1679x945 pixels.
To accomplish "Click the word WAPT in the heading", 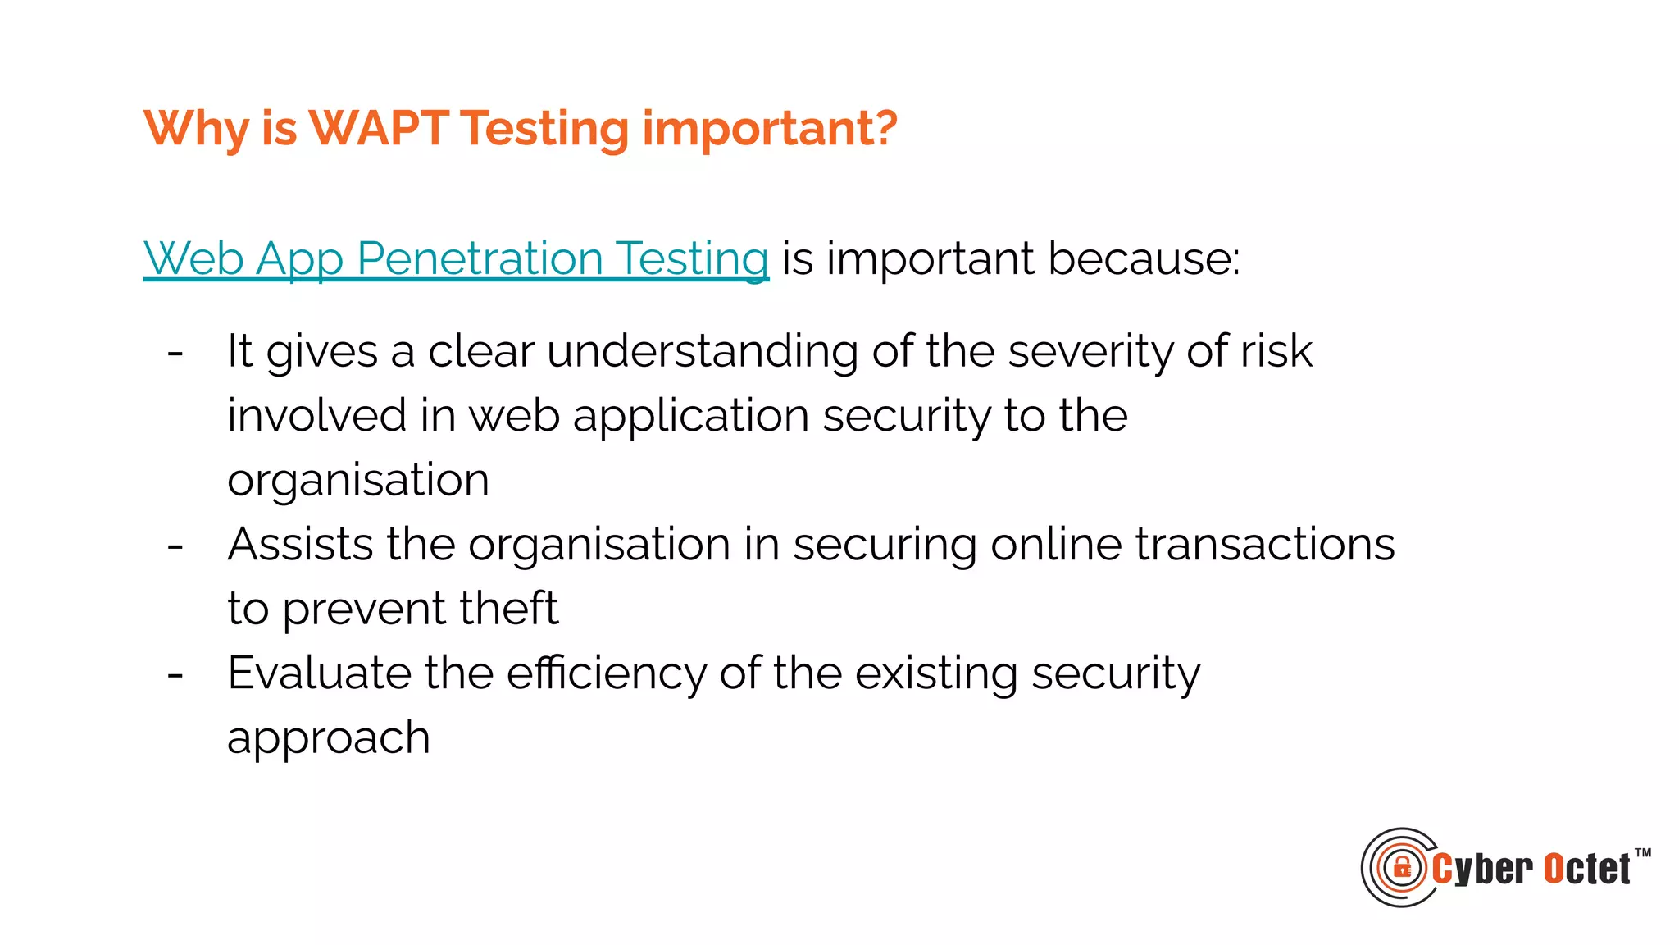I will tap(378, 129).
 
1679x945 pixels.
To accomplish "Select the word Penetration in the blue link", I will tap(480, 259).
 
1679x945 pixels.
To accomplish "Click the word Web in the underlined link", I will tap(193, 259).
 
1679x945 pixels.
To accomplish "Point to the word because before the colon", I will tap(1140, 259).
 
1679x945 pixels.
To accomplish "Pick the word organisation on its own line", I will tap(358, 481).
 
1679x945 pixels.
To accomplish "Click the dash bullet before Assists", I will tap(175, 546).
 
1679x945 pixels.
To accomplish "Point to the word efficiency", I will tap(606, 674).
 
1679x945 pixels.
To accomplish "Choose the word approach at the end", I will tap(328, 738).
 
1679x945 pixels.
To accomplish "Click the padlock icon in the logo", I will tap(1402, 868).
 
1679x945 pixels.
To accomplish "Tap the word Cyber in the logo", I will tap(1482, 870).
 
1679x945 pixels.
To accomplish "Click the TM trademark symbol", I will tap(1642, 853).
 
